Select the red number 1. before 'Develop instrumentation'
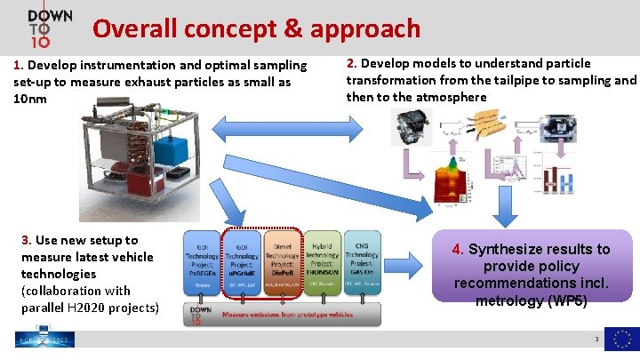[19, 65]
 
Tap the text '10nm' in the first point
[31, 99]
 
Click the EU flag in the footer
[621, 340]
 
